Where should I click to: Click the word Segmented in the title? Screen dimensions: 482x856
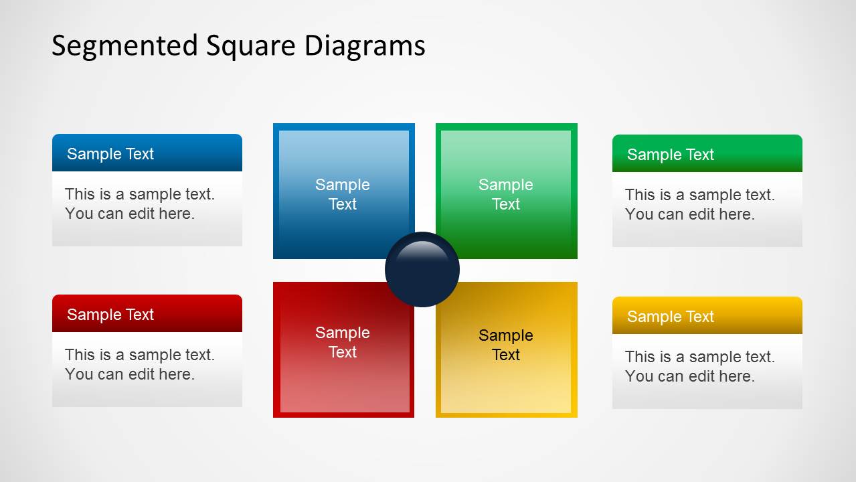click(x=125, y=46)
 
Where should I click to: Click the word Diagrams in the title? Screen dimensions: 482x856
click(x=365, y=46)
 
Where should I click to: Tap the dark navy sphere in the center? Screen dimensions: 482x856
click(x=422, y=270)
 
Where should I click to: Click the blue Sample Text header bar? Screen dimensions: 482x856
click(x=147, y=153)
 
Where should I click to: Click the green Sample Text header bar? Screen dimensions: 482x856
click(x=707, y=154)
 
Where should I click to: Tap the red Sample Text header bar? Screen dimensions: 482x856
click(x=147, y=314)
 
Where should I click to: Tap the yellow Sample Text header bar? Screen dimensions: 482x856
click(x=707, y=316)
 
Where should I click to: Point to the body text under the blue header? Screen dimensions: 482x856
click(x=139, y=204)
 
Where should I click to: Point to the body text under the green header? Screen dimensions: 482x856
click(x=699, y=205)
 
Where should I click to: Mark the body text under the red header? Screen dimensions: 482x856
click(x=139, y=365)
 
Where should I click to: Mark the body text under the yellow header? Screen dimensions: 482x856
click(x=699, y=367)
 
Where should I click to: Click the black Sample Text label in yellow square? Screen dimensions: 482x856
click(x=506, y=345)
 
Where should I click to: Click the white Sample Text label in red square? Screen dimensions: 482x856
click(x=343, y=342)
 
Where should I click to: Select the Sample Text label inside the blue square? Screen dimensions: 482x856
click(x=343, y=194)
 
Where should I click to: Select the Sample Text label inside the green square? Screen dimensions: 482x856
click(x=506, y=194)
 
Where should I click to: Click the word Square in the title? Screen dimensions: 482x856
click(x=251, y=46)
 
